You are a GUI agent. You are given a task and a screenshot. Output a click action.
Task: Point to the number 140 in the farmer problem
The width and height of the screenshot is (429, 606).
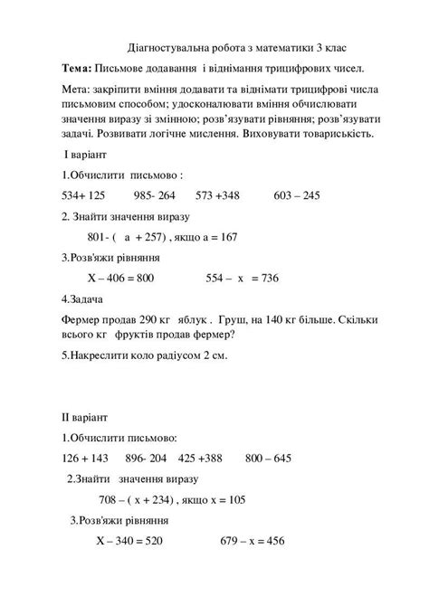click(x=273, y=320)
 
